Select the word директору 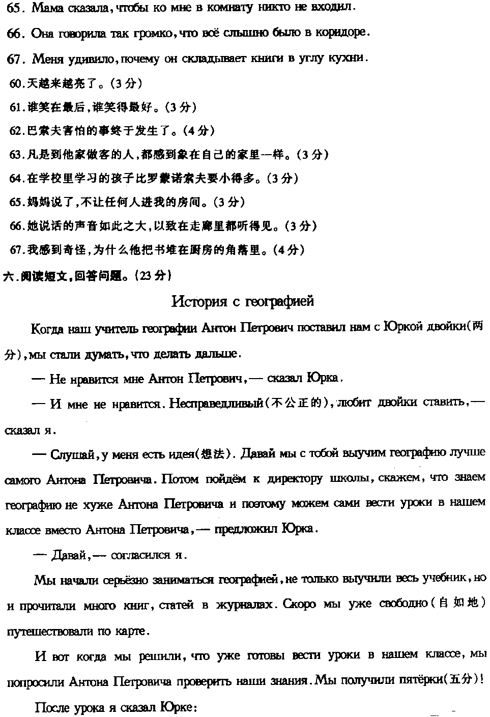295,479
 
